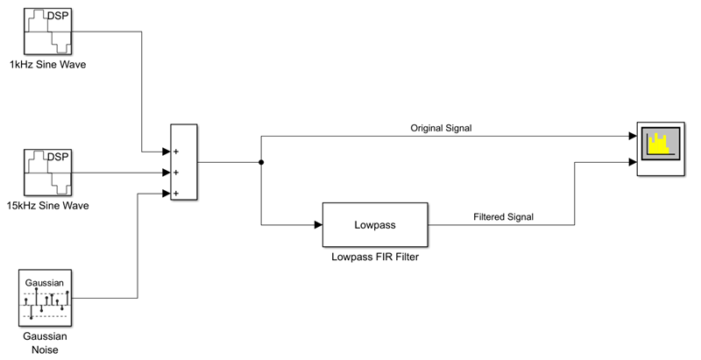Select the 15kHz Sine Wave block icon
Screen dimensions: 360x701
tap(46, 173)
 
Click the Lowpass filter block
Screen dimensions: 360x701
tap(375, 225)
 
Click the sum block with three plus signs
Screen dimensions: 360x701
tap(184, 163)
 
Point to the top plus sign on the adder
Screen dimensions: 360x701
tap(176, 151)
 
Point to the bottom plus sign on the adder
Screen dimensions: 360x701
tap(176, 193)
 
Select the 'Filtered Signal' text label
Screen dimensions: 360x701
tap(503, 216)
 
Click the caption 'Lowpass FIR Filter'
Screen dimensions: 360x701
tap(374, 257)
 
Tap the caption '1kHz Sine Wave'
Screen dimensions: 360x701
tap(47, 66)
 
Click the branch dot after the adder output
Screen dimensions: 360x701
tap(261, 163)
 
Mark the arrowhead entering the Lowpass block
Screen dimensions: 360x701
tap(317, 225)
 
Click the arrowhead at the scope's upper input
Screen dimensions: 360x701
tap(631, 137)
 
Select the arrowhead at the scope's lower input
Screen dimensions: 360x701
tap(631, 163)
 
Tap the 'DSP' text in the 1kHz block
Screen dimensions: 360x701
tap(57, 15)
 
